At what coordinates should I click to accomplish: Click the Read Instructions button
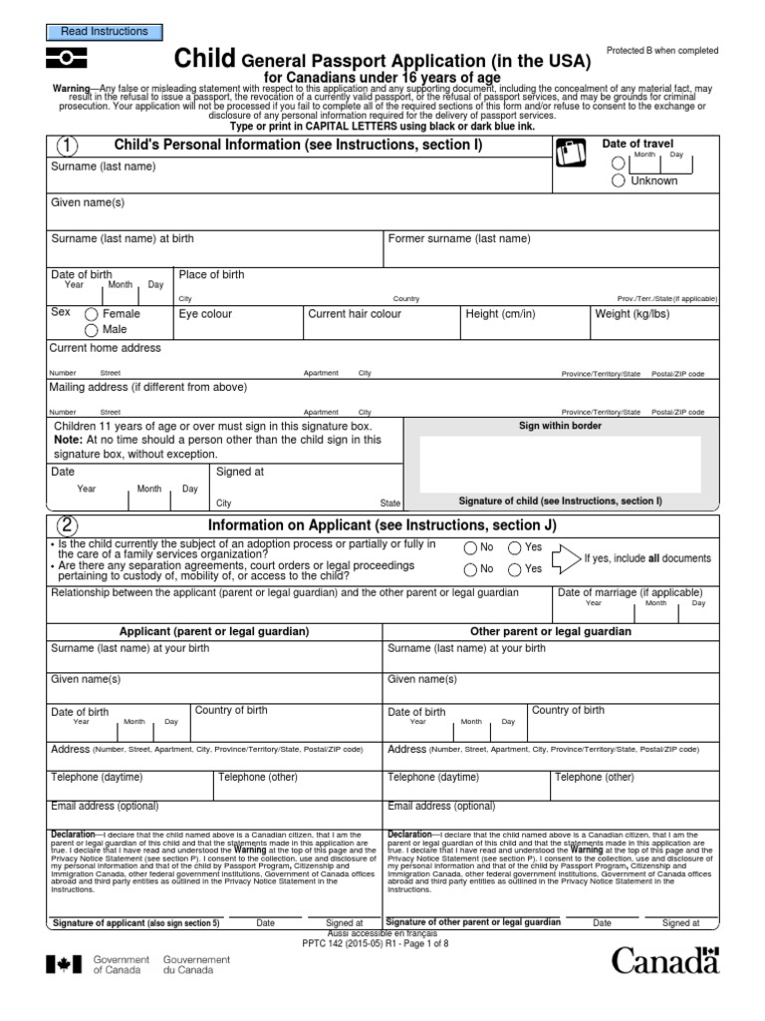[105, 32]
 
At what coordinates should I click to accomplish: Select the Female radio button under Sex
[92, 314]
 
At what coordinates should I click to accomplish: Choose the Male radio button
[92, 330]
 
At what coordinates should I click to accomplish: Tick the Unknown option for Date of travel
[619, 180]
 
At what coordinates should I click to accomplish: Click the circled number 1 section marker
[67, 147]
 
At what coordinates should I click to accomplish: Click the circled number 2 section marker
[67, 525]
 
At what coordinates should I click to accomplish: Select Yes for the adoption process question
[515, 547]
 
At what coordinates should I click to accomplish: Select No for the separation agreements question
[470, 569]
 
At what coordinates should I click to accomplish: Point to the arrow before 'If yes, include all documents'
[565, 558]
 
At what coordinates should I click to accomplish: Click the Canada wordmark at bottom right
[663, 961]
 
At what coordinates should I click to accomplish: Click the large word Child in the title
[207, 59]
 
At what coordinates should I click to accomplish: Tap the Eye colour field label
[205, 314]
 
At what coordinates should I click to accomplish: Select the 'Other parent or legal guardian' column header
[551, 632]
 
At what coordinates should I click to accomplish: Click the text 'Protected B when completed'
[662, 51]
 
